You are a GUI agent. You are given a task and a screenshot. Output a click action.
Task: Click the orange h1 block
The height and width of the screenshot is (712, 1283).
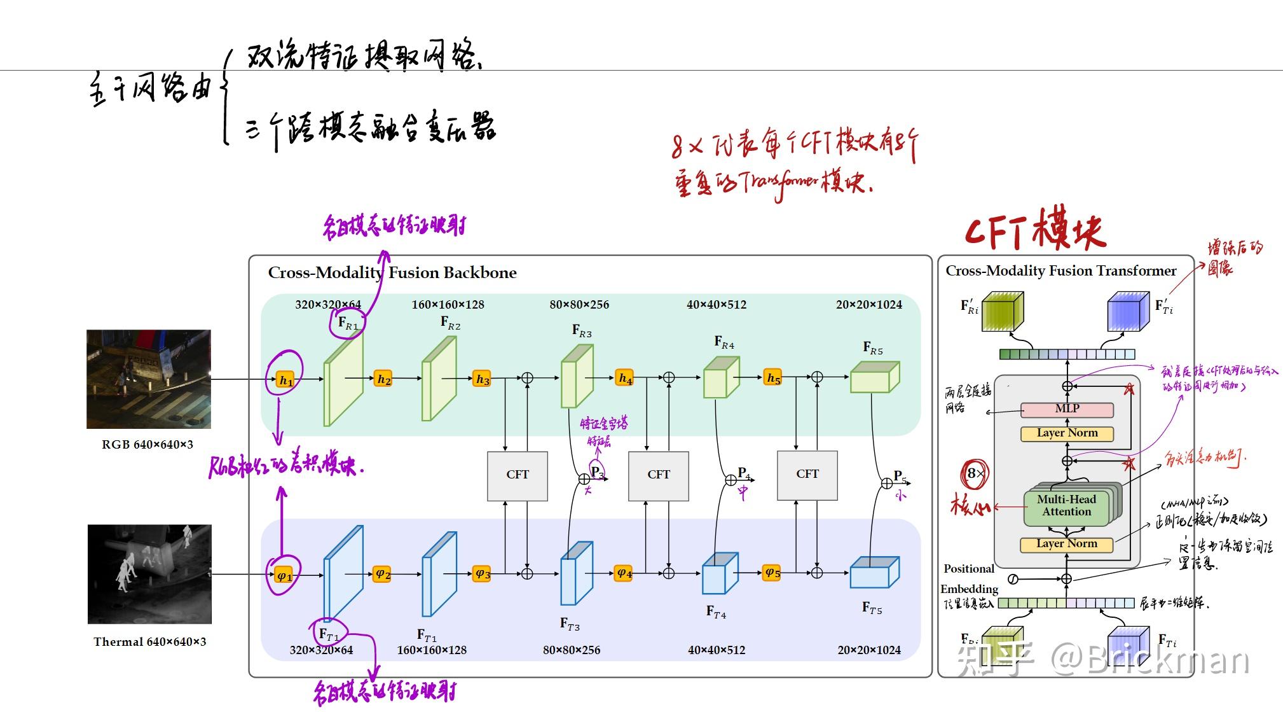point(285,380)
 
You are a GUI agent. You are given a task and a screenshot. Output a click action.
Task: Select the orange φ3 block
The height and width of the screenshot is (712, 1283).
point(482,573)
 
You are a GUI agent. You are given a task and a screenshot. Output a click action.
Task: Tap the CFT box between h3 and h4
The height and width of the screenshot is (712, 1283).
point(517,475)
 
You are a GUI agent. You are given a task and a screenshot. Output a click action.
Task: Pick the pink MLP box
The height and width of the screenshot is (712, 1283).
point(1067,409)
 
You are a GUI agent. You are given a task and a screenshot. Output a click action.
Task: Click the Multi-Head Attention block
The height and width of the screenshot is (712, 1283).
point(1066,506)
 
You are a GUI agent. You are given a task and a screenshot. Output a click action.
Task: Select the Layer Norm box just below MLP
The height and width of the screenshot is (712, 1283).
point(1067,433)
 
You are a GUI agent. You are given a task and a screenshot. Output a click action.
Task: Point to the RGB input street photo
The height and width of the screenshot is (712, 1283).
point(149,379)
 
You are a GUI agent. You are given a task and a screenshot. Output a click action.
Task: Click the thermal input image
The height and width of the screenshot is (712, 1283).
point(149,574)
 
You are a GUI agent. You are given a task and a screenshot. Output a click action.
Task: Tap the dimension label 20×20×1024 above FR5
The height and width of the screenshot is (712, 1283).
point(868,305)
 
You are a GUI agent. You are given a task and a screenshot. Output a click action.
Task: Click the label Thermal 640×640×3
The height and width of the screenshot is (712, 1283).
point(149,642)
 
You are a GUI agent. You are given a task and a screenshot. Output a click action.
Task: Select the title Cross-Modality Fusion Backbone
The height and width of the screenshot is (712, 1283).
point(392,273)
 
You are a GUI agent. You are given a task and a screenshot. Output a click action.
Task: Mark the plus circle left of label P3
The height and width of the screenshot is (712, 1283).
point(584,479)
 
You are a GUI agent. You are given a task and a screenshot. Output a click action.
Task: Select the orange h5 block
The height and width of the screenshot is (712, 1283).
point(772,378)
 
